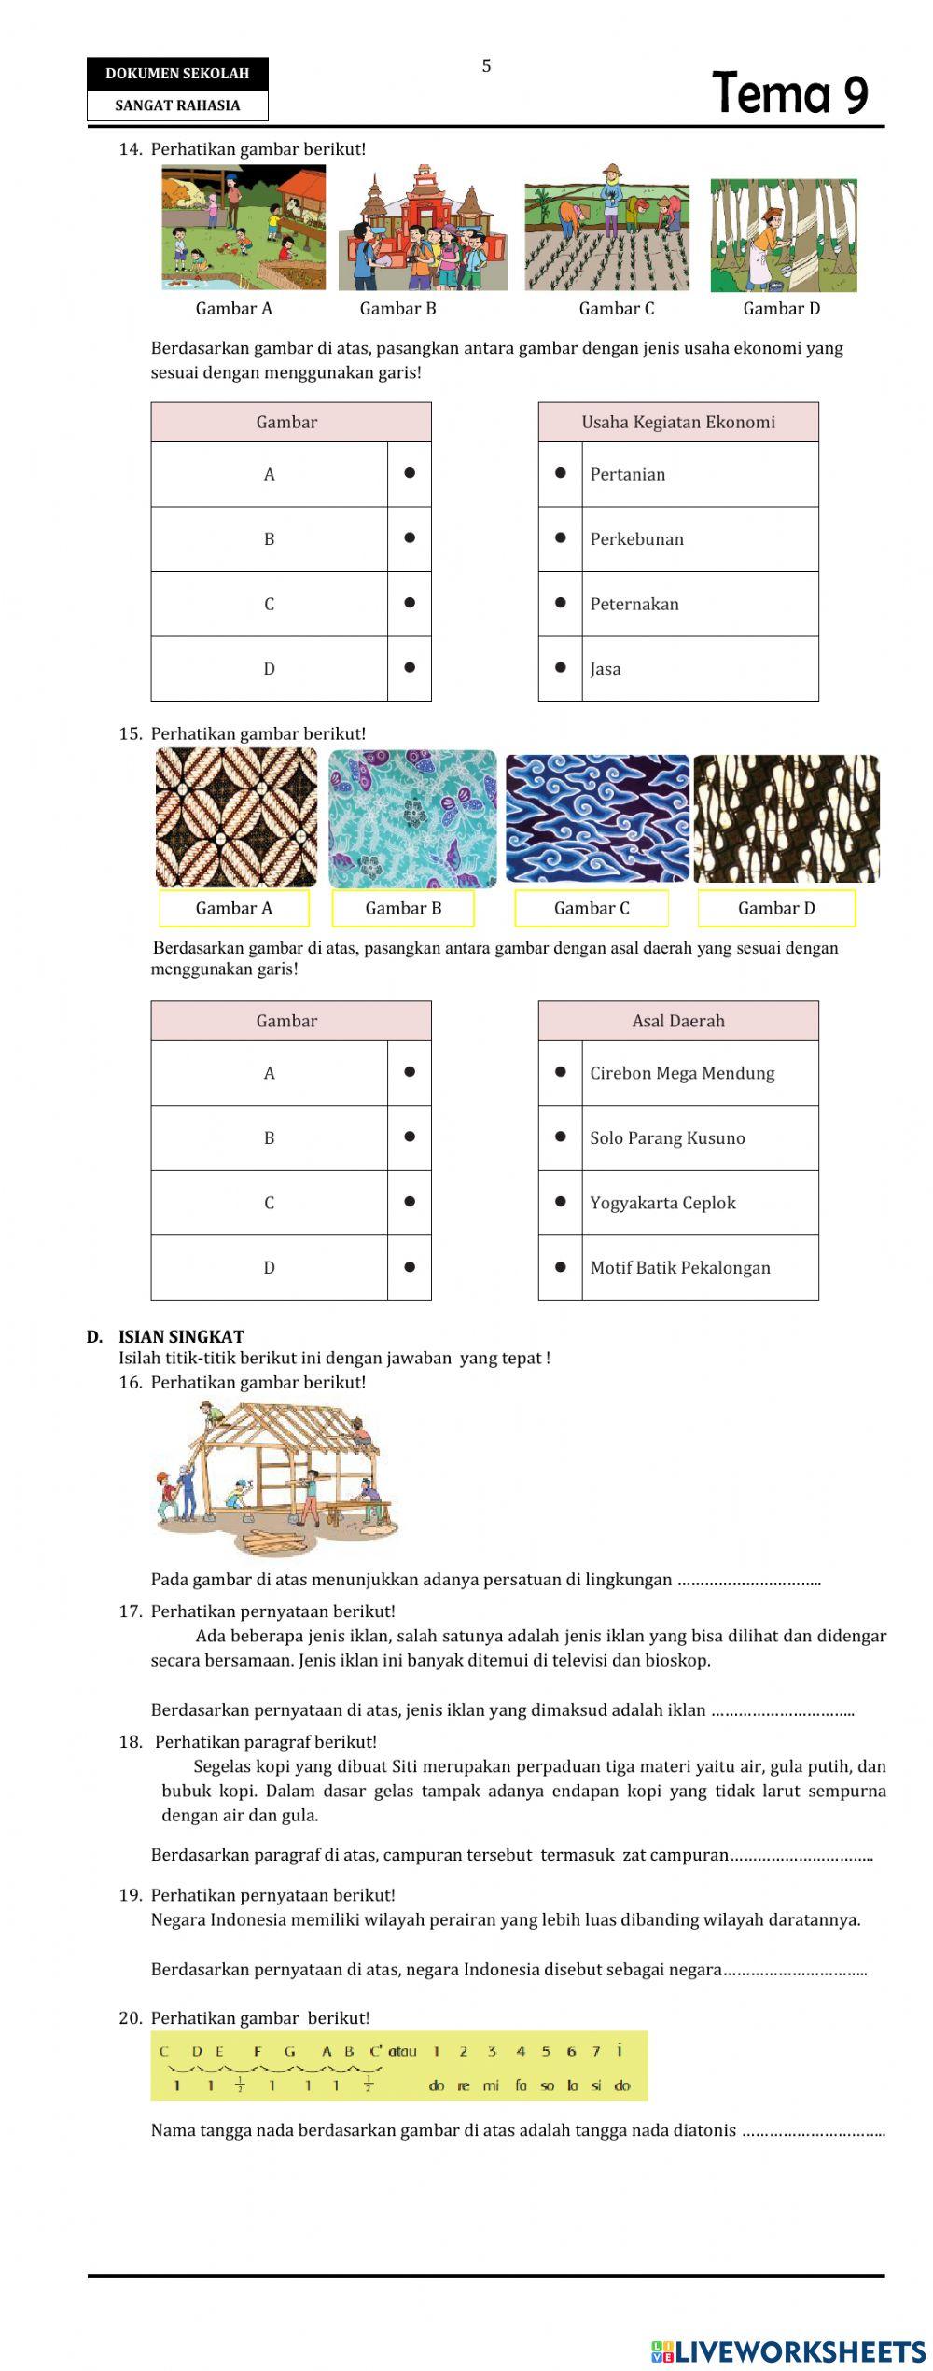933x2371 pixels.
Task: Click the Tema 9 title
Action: click(x=789, y=93)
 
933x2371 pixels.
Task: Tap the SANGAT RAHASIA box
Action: click(x=177, y=105)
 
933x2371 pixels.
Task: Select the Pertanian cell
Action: click(x=700, y=474)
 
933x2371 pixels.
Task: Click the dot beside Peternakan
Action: click(x=561, y=603)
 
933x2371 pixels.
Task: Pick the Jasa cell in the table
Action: click(x=700, y=669)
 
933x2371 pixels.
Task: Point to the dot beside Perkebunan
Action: click(x=561, y=537)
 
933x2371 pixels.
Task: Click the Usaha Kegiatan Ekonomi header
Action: click(x=678, y=422)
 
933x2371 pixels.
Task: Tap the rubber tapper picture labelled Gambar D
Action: click(x=783, y=235)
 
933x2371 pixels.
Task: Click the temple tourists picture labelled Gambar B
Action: click(x=423, y=229)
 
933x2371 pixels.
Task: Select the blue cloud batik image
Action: click(x=597, y=818)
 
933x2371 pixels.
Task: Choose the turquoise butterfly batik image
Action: click(x=412, y=818)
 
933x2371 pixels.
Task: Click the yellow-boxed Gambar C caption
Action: click(x=592, y=908)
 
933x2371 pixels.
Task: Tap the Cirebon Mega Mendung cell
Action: click(x=700, y=1073)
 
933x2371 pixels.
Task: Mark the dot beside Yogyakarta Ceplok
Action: click(x=561, y=1202)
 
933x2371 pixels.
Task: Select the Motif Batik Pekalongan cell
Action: click(x=700, y=1267)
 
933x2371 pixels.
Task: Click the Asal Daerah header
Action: click(x=678, y=1021)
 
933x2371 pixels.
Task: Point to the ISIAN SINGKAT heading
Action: click(x=181, y=1336)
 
